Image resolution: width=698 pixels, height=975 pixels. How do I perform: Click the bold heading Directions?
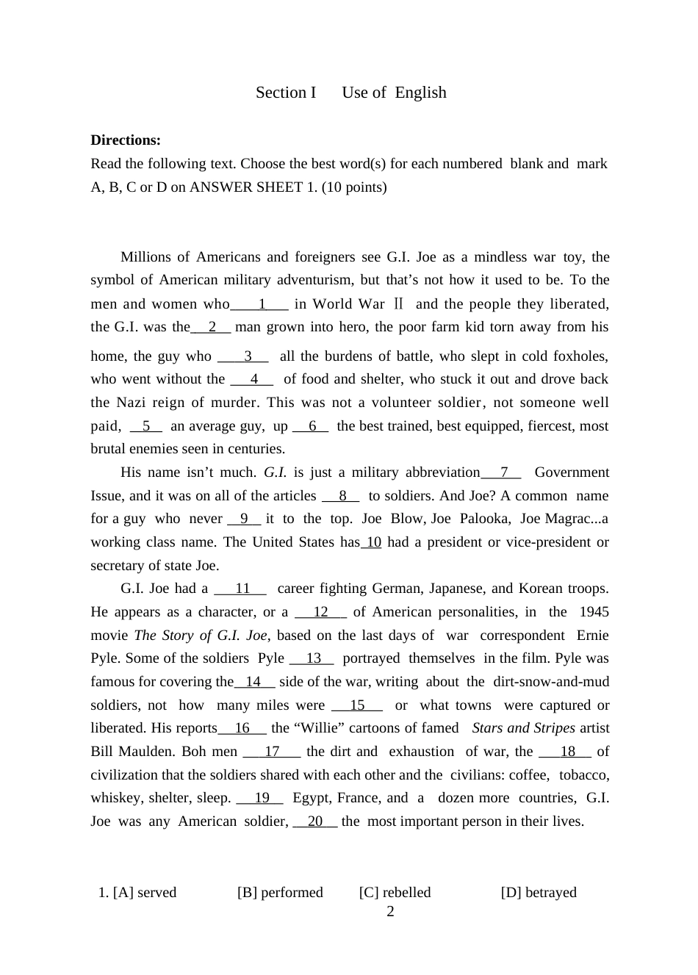tap(126, 140)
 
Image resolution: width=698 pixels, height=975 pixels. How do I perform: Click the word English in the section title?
tap(420, 93)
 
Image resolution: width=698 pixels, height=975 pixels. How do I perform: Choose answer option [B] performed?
tap(280, 892)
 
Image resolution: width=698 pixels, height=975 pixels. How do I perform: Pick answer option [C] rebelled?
tap(395, 892)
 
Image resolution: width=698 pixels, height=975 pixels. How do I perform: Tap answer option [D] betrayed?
tap(539, 892)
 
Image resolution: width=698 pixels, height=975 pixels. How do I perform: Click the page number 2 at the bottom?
tap(390, 912)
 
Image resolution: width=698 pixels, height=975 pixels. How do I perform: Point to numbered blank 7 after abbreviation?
tap(503, 472)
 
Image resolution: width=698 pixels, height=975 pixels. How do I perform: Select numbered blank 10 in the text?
tap(373, 542)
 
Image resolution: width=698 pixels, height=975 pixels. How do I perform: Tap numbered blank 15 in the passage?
tap(357, 705)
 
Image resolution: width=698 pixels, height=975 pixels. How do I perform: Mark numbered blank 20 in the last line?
tap(315, 821)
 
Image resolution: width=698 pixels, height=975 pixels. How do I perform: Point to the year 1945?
tap(594, 612)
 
